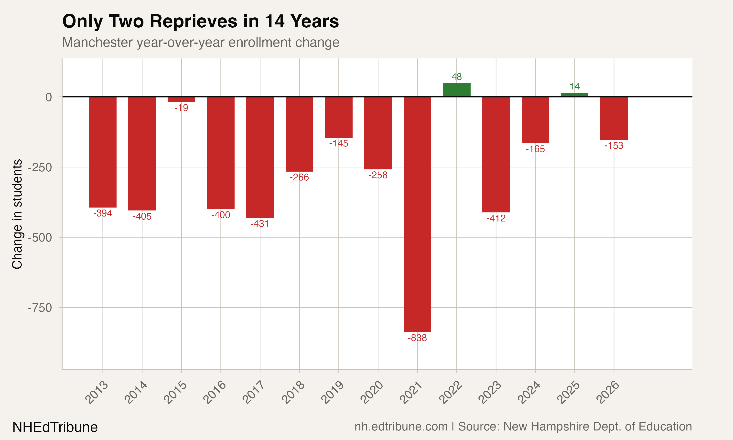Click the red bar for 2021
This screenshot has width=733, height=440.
(417, 214)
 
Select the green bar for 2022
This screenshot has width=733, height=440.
(457, 90)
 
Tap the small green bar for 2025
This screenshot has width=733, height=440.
(574, 95)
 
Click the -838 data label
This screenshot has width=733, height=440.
(417, 338)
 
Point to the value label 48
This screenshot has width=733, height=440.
(457, 77)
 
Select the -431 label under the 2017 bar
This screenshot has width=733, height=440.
(260, 224)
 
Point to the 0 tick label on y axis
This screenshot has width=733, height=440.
(49, 97)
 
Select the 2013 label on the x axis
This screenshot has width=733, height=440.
(97, 392)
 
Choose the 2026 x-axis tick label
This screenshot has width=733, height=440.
(608, 392)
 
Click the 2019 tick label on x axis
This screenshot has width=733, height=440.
(333, 392)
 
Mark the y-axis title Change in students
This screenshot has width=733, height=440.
(17, 214)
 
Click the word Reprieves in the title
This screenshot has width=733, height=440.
(194, 21)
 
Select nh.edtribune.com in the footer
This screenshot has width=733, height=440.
(401, 427)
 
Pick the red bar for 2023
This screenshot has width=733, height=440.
(496, 154)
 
